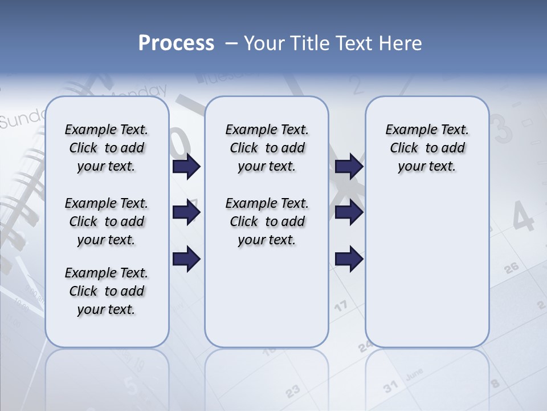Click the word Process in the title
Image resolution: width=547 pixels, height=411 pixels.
point(176,43)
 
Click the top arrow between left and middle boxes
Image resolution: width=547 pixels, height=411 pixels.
point(186,167)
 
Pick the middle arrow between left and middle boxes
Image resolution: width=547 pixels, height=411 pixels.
point(186,212)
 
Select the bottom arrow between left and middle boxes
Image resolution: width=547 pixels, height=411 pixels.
point(186,259)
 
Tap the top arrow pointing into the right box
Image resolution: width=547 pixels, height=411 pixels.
point(349,167)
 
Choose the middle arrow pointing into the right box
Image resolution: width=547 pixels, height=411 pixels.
point(349,212)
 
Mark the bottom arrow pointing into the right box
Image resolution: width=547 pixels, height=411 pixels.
point(349,259)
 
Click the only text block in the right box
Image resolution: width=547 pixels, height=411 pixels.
point(427,148)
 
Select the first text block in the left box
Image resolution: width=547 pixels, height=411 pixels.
point(107,148)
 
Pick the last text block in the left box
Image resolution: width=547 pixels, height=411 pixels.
point(107,291)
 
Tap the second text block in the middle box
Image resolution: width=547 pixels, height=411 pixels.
point(267,221)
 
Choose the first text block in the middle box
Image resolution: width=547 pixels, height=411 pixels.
point(267,148)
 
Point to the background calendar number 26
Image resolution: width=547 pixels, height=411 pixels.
point(511,268)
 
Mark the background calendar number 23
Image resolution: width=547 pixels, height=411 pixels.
point(292,391)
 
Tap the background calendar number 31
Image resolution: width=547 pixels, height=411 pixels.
point(390,387)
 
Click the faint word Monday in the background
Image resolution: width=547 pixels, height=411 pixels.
point(140,92)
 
